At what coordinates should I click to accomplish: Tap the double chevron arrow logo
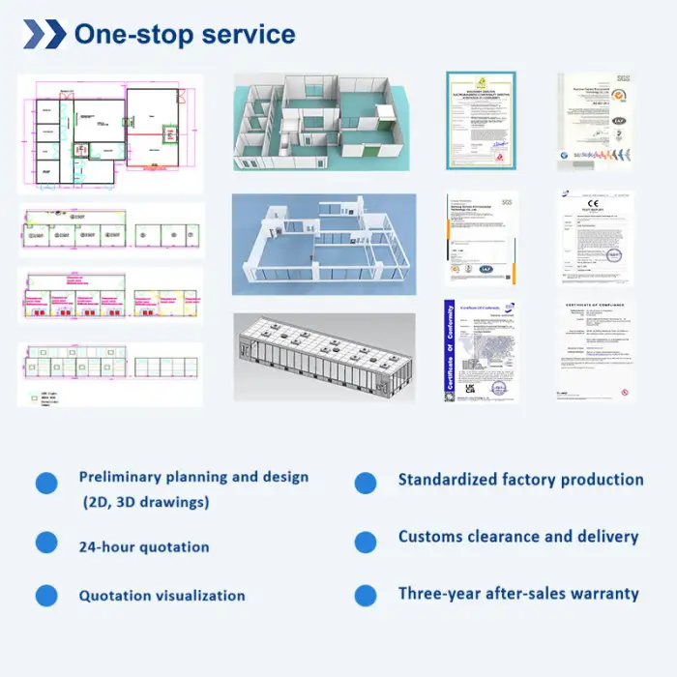coord(44,35)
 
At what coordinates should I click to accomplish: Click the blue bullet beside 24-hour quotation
coord(46,543)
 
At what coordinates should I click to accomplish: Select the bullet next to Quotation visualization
coord(46,595)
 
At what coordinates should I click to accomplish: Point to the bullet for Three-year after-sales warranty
coord(366,595)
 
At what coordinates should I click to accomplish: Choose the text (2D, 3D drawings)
coord(145,503)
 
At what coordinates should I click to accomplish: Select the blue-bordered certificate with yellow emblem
coord(482,119)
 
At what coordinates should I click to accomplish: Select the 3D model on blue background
coord(323,244)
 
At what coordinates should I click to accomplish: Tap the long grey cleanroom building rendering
coord(323,356)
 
